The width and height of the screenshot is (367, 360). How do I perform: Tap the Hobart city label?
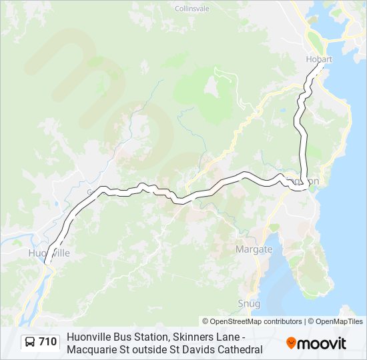318,59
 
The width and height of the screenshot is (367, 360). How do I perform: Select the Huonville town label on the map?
49,253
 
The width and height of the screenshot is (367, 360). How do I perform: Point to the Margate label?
254,249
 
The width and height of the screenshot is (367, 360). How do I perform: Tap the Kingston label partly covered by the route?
304,181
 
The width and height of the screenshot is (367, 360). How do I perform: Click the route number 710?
47,342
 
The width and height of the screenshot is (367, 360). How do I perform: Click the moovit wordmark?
322,344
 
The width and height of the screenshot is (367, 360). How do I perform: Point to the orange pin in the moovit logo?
292,343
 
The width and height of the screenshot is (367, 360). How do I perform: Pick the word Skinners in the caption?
186,337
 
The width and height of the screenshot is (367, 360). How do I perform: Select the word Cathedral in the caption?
239,349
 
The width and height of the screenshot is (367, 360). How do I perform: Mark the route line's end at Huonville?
46,264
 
